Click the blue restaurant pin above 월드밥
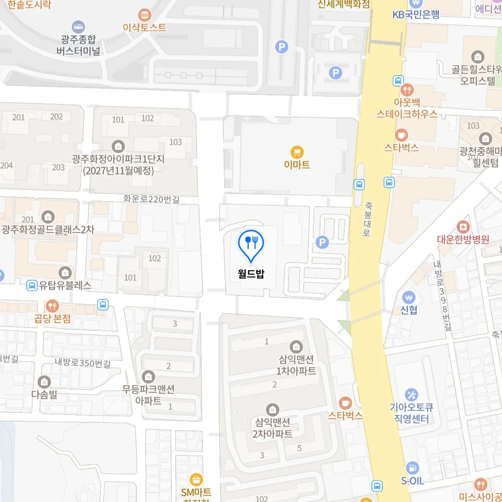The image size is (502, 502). click(251, 244)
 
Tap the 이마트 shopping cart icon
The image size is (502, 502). click(297, 152)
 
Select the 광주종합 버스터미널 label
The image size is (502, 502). click(78, 45)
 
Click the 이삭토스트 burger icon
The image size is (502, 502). click(145, 15)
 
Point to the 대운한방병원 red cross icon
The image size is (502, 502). click(463, 227)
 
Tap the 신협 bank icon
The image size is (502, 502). click(409, 297)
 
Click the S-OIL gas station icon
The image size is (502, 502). click(412, 468)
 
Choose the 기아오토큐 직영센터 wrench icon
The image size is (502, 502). click(412, 394)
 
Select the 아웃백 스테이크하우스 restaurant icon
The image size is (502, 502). click(407, 90)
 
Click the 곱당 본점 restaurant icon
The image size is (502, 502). click(52, 306)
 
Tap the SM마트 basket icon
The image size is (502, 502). click(196, 479)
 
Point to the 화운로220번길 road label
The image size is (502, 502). click(151, 199)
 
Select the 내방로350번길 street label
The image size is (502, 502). click(83, 363)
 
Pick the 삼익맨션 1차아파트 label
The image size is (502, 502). click(296, 365)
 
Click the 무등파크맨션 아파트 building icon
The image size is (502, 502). click(148, 376)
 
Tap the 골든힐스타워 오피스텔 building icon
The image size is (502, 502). click(477, 57)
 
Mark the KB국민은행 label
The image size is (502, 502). click(416, 15)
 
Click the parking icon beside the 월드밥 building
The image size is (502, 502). click(322, 242)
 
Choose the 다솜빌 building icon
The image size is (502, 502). click(44, 382)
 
